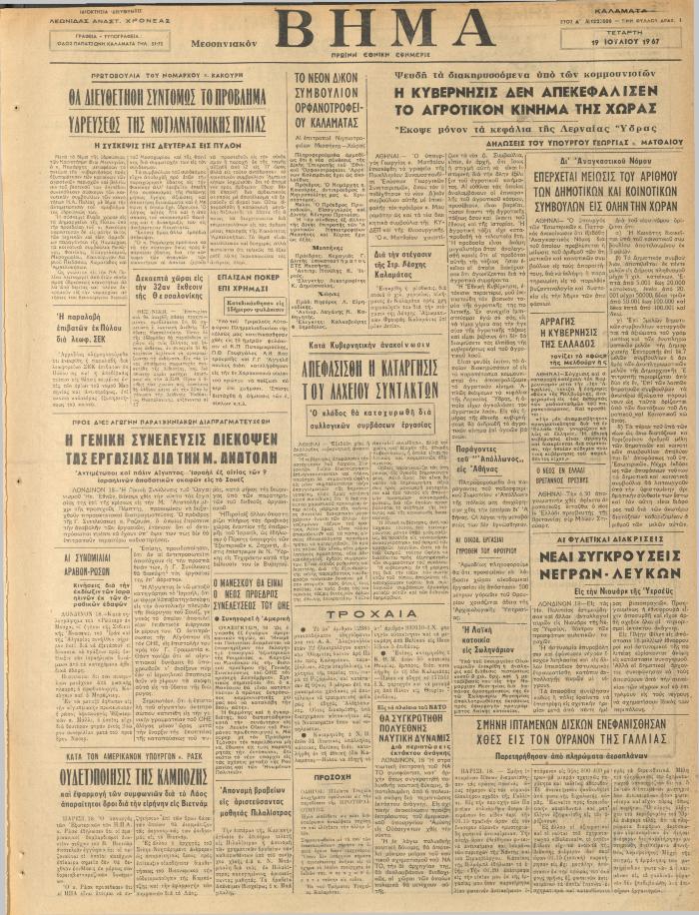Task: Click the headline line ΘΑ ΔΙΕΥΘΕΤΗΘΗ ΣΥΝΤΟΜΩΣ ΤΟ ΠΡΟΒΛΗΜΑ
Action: tap(167, 98)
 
